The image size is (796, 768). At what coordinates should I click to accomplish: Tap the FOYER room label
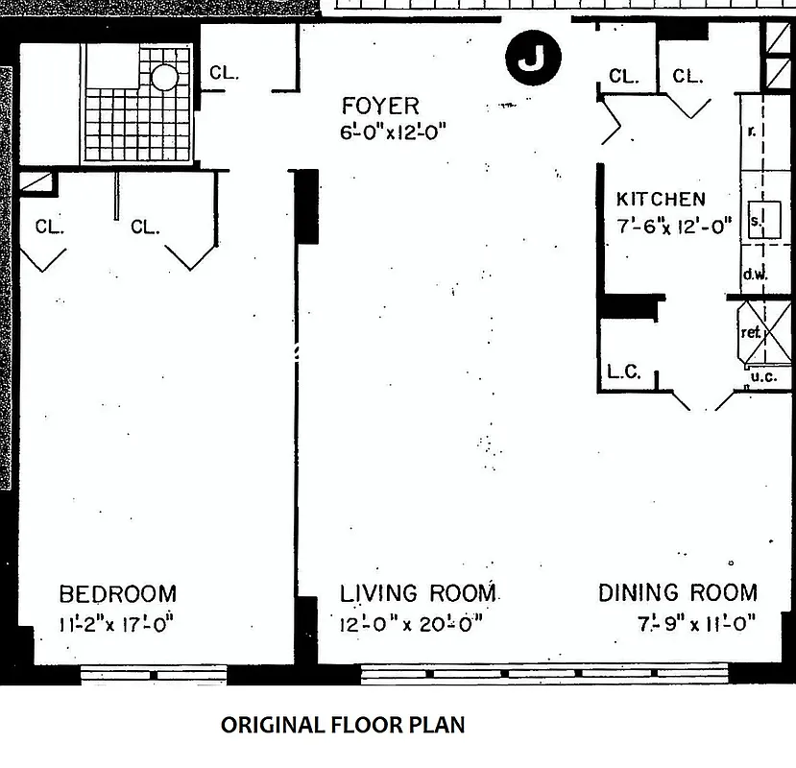coord(381,106)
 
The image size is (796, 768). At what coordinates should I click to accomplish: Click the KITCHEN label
coord(661,200)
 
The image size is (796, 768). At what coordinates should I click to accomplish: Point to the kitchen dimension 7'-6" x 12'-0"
coord(674,226)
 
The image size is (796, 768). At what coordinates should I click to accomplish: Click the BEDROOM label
coord(118,593)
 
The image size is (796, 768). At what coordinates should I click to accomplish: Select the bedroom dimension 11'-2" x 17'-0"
coord(116,623)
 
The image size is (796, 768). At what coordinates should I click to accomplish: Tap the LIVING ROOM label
coord(418,592)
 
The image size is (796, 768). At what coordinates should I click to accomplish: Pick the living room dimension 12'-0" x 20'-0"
coord(411,623)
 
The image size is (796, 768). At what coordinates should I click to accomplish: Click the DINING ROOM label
coord(678,592)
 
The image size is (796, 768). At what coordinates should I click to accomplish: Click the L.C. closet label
coord(624,372)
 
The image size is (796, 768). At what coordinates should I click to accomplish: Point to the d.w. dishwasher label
coord(755,275)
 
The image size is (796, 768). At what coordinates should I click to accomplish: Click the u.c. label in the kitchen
coord(763,376)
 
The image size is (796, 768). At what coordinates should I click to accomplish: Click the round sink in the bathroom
coord(165,77)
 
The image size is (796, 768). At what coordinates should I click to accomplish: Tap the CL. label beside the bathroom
coord(224,73)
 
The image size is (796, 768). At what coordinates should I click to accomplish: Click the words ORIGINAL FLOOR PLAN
coord(343,725)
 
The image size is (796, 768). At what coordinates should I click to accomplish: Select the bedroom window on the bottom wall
coord(154,674)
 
